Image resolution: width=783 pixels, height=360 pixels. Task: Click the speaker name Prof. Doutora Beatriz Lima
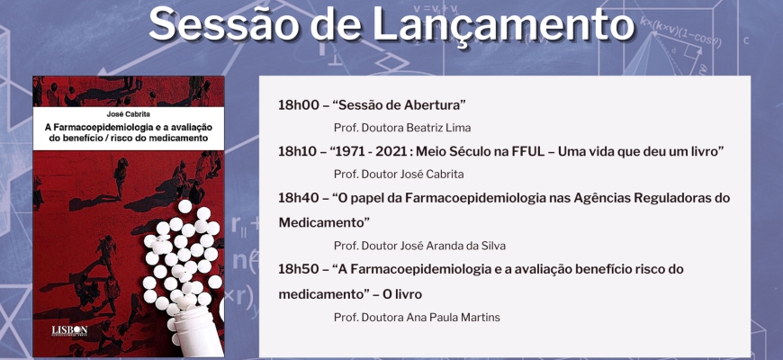point(402,128)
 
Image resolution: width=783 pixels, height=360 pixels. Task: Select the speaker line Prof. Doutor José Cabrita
point(399,175)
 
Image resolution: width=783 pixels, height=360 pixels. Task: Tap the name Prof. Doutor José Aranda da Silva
point(420,246)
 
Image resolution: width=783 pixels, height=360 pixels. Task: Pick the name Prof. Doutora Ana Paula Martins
point(417,318)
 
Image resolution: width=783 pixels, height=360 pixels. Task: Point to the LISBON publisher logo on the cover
point(69,330)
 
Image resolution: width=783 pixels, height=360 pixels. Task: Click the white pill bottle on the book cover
point(198,330)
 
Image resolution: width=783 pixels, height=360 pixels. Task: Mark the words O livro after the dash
point(402,294)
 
